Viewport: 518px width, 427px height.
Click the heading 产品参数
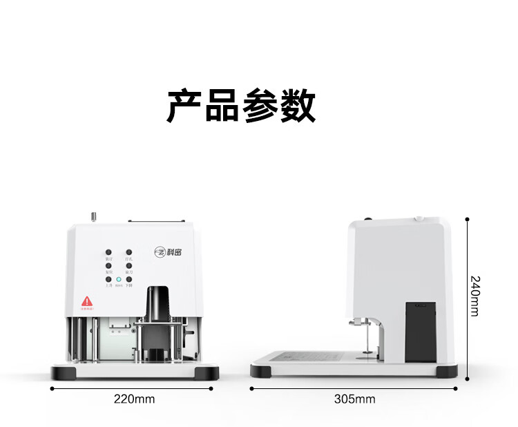click(241, 106)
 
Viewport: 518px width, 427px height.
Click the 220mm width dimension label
click(134, 399)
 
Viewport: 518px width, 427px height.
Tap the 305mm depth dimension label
click(354, 399)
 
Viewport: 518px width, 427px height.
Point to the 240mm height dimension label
click(474, 296)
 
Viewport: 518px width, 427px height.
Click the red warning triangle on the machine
click(87, 301)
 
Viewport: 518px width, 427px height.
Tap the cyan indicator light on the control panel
click(119, 280)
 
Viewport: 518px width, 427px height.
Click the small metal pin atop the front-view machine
click(93, 217)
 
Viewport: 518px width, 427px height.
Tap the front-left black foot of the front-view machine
click(64, 374)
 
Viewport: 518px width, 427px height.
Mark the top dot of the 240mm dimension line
click(468, 219)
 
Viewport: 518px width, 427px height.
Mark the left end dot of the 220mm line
click(53, 388)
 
